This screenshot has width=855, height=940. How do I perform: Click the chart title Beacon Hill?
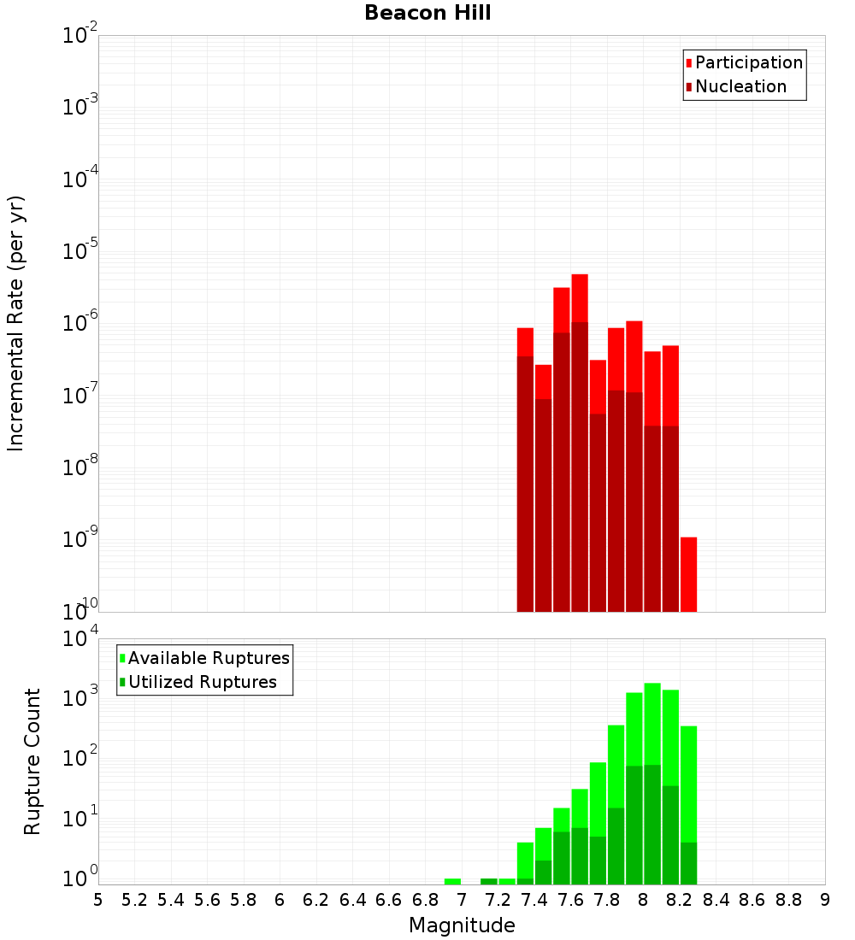[x=427, y=13]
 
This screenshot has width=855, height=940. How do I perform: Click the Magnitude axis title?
[x=462, y=925]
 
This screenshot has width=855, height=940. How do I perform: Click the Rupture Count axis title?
[x=32, y=761]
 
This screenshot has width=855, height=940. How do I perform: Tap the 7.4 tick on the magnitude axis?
[x=534, y=899]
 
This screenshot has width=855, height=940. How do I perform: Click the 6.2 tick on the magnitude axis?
[x=316, y=899]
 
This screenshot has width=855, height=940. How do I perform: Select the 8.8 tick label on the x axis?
[x=789, y=899]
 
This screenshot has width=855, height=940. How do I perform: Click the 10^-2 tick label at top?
[x=80, y=36]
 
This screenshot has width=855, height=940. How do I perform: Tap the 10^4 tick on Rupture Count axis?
[x=80, y=640]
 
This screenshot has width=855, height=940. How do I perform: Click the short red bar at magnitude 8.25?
[x=688, y=573]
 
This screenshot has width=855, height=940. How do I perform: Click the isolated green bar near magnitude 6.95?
[x=452, y=881]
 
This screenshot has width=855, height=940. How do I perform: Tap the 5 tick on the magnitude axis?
[x=98, y=899]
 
